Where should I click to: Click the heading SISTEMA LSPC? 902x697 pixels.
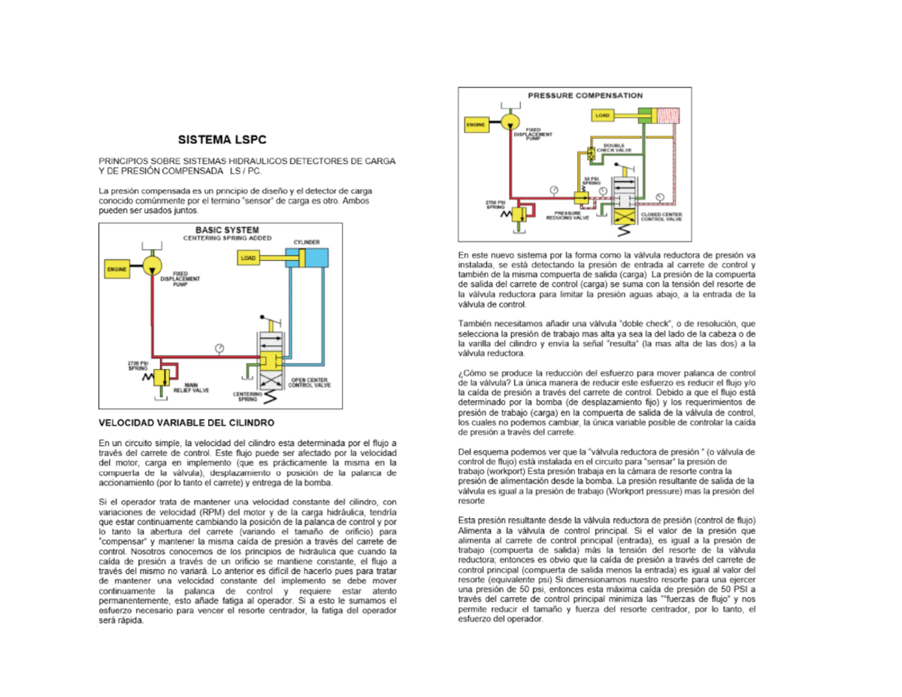(221, 140)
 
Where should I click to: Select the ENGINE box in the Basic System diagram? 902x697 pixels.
(117, 268)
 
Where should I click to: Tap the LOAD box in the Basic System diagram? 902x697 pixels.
(249, 258)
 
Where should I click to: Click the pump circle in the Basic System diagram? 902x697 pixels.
(151, 265)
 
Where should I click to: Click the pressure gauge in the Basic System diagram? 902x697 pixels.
(219, 347)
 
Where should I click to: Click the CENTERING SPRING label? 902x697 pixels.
(247, 395)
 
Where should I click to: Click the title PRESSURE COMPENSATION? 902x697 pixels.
(585, 95)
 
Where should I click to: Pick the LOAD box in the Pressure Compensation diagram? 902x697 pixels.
(603, 116)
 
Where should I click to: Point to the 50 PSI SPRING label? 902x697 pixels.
(592, 180)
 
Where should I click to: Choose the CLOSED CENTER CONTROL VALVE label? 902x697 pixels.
(661, 217)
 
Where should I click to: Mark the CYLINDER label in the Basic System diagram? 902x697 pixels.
(307, 242)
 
